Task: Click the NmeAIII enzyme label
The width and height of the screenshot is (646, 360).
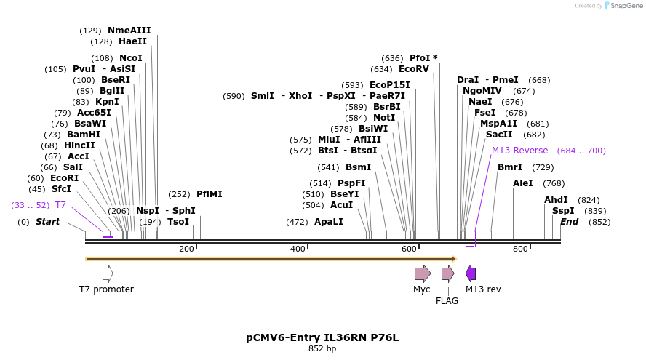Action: point(129,31)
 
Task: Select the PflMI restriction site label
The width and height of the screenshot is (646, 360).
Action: point(209,194)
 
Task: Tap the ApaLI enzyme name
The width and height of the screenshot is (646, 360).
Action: point(328,222)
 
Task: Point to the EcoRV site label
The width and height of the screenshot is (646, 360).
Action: point(414,69)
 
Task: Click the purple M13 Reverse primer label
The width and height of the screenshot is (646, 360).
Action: point(519,151)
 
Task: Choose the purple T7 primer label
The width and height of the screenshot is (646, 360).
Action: point(60,205)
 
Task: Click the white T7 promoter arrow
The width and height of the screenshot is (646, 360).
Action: point(108,273)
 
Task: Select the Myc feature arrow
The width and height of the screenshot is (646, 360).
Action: point(422,273)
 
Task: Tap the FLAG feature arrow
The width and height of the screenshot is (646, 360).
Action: point(447,273)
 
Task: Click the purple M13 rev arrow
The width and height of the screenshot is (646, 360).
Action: point(471,273)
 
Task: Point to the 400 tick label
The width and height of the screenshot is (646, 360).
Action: point(298,249)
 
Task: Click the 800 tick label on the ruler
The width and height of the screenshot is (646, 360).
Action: point(520,249)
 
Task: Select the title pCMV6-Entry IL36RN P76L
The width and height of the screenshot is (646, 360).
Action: point(322,337)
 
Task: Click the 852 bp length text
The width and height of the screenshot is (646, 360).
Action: point(322,349)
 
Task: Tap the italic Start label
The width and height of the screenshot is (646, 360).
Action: point(47,222)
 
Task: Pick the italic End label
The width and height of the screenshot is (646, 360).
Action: point(569,222)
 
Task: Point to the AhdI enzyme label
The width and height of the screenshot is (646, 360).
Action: point(556,200)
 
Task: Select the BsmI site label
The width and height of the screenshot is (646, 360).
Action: point(358,167)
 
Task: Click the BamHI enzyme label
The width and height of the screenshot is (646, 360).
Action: point(84,135)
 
